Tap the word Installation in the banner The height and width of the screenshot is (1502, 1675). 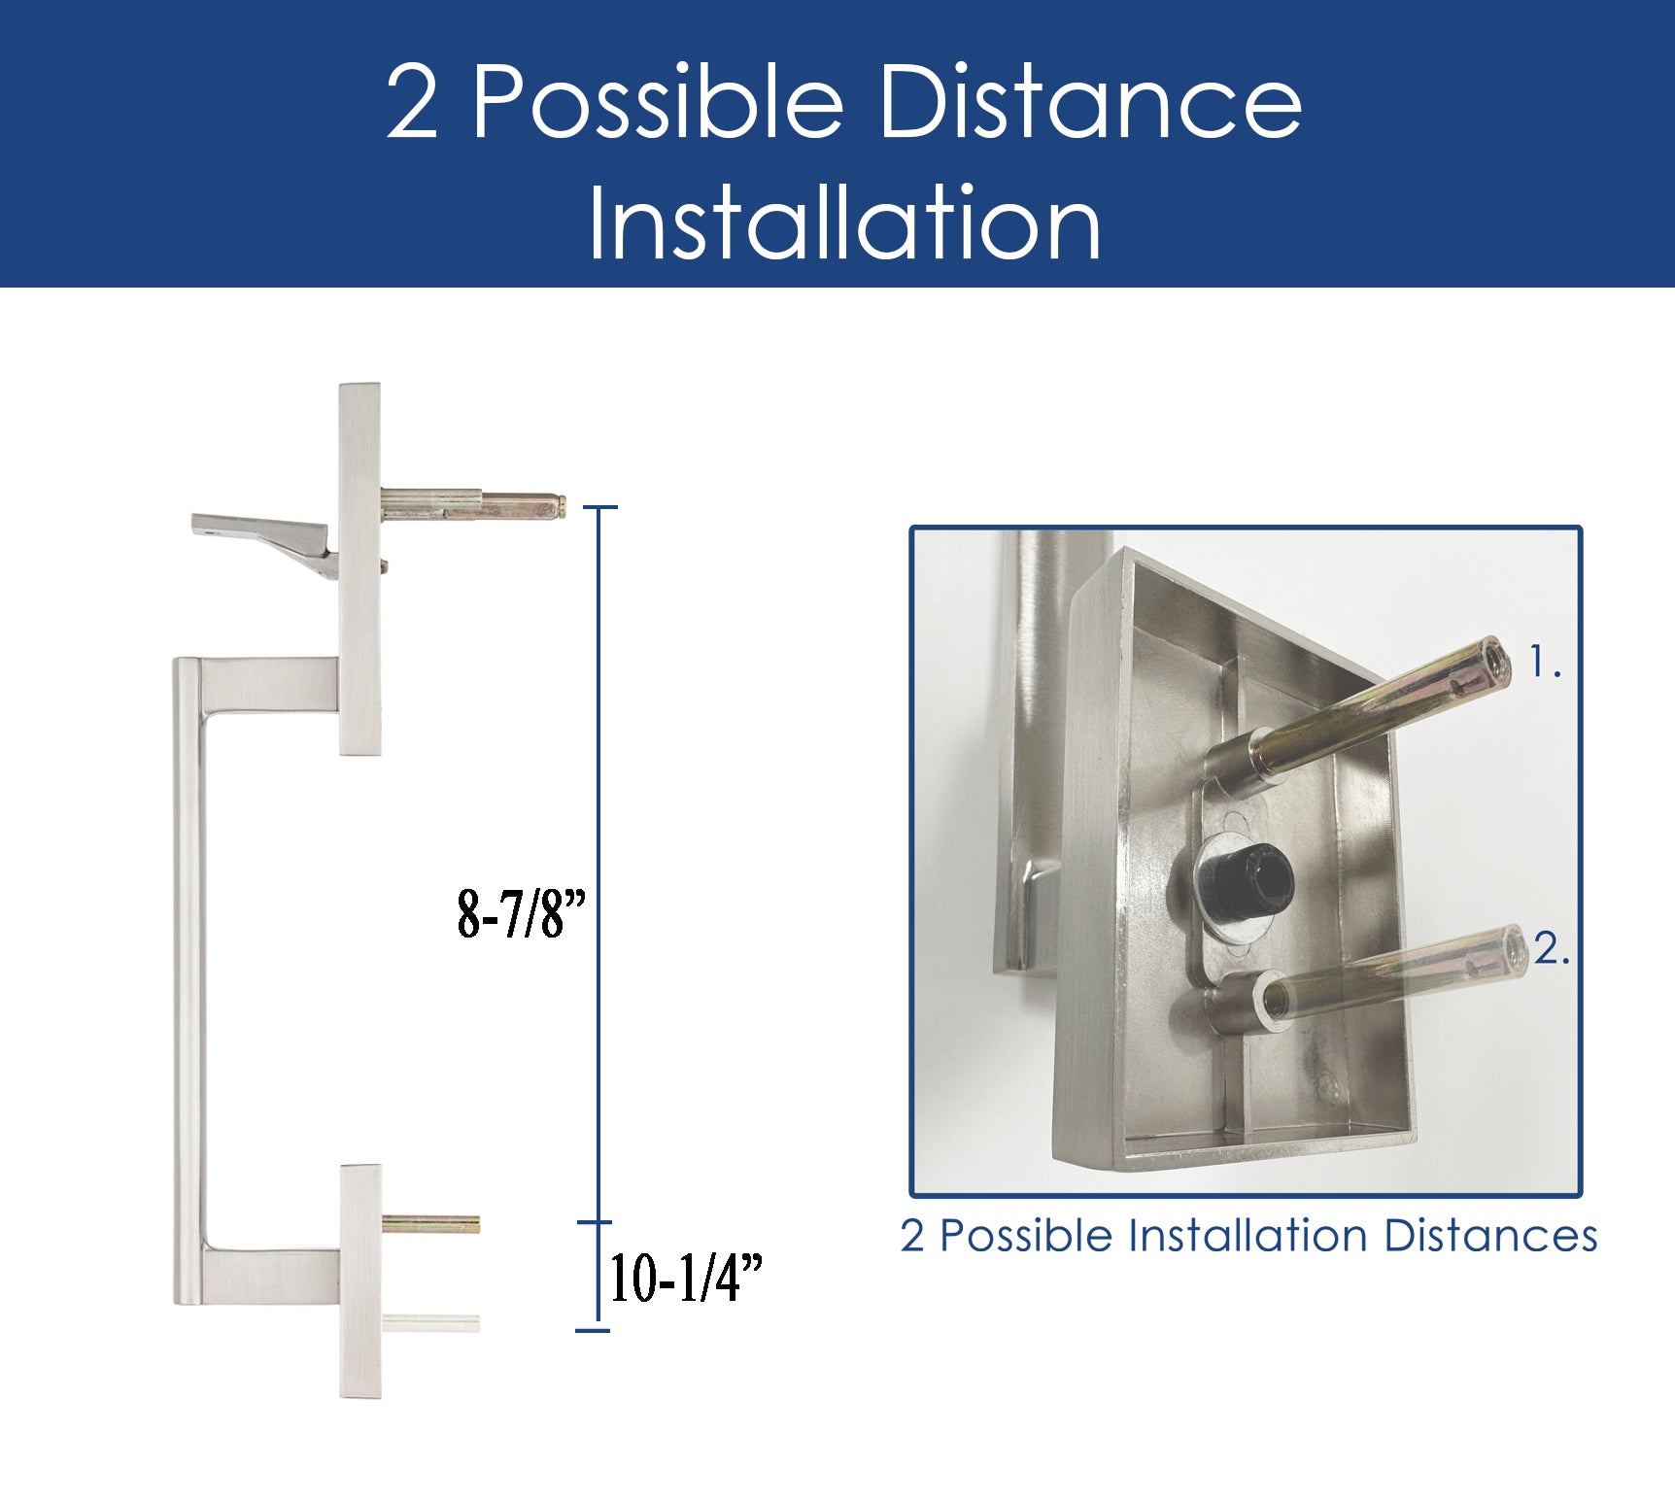[x=843, y=223]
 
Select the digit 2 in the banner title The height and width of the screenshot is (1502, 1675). [x=412, y=102]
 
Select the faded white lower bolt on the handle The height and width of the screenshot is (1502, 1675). [x=430, y=1322]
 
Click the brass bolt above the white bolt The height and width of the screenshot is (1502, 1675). [x=430, y=1224]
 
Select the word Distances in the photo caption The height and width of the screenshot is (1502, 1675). [x=1490, y=1236]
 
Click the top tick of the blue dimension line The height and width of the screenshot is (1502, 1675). [x=598, y=507]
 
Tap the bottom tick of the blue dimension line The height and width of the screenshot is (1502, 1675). [x=593, y=1330]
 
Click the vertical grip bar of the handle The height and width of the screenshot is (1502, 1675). [x=188, y=981]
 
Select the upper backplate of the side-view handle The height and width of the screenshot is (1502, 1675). [x=359, y=569]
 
